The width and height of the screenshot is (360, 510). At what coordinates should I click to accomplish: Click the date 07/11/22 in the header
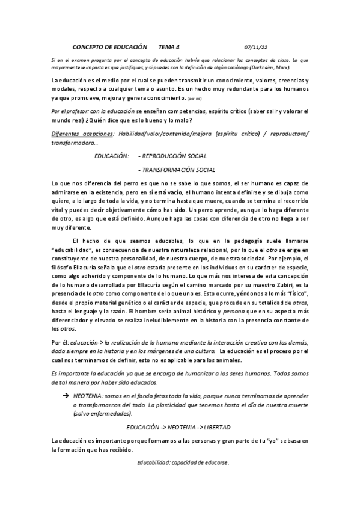coord(257,46)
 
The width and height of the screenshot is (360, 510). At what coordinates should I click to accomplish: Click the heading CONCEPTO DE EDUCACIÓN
coord(109,46)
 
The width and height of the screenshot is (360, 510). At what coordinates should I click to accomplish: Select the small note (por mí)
coord(195,98)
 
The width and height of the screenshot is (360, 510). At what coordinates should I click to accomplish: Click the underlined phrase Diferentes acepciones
coord(81,133)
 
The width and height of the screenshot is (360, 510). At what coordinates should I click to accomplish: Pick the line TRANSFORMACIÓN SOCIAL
coord(177,170)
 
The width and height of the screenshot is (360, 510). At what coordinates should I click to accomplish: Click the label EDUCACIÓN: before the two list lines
coord(111,156)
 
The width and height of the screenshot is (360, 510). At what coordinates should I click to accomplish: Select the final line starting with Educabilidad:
coord(183,462)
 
